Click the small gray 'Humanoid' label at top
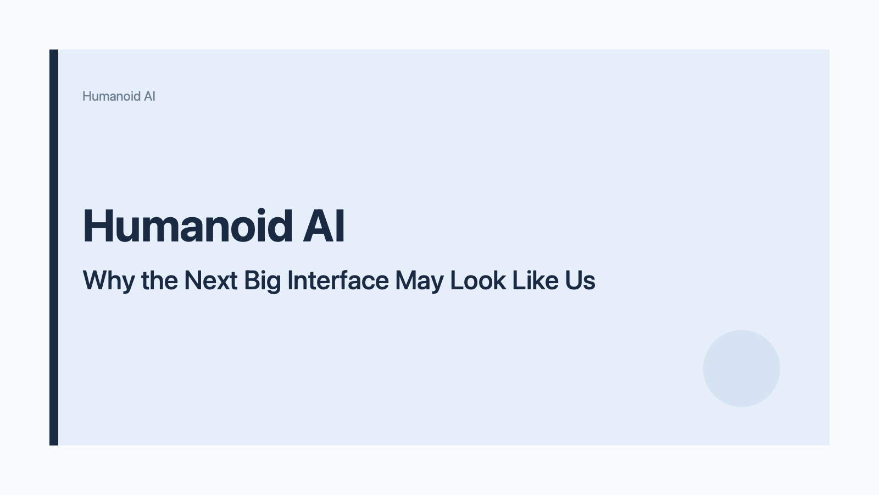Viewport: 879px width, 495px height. tap(111, 96)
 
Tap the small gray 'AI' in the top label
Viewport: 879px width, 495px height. tap(149, 96)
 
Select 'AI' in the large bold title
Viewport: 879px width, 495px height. tap(324, 226)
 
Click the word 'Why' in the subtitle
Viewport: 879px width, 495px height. tap(108, 281)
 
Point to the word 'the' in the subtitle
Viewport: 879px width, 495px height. tap(159, 280)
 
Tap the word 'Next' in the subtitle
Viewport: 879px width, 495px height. tap(210, 280)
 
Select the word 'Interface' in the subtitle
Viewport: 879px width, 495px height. tap(338, 280)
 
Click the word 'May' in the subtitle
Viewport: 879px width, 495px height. tap(419, 281)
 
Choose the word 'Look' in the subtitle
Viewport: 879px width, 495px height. tap(478, 280)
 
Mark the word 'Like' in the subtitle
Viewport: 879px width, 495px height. tap(527, 280)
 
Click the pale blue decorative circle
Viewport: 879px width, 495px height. tap(742, 369)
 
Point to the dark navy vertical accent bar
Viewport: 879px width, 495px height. tap(54, 248)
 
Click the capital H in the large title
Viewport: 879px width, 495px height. tap(96, 226)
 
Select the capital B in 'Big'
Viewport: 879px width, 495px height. tap(251, 280)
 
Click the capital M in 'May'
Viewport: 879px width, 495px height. tap(406, 280)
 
